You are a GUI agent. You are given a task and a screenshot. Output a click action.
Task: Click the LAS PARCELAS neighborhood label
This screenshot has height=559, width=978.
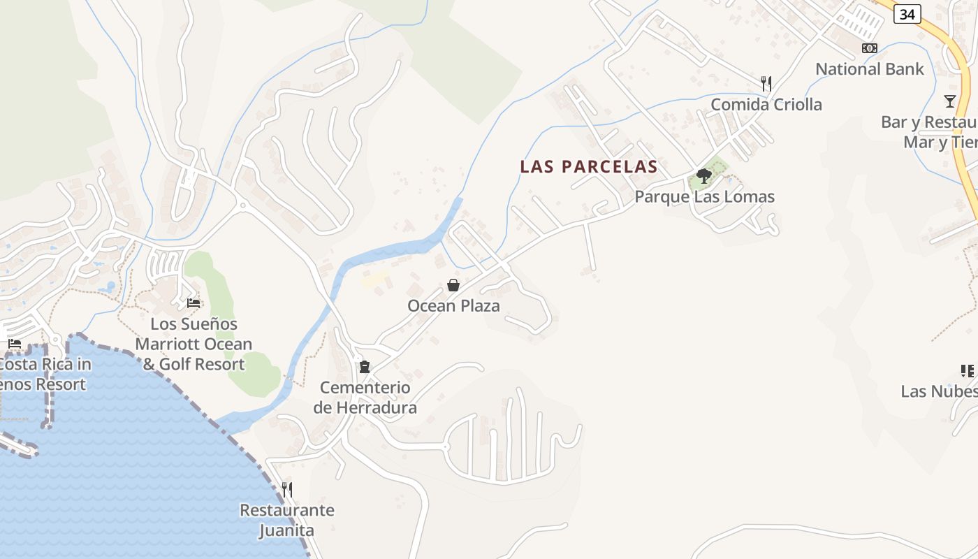[x=589, y=166]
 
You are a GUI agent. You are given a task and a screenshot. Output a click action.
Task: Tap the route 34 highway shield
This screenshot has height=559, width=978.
[x=907, y=13]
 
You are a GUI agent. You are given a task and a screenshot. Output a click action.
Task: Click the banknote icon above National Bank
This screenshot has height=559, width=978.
[x=870, y=48]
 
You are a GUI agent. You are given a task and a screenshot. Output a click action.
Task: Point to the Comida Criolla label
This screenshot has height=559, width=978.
[x=766, y=105]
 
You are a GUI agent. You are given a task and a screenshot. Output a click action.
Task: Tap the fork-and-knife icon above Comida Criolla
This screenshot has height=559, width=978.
[x=766, y=84]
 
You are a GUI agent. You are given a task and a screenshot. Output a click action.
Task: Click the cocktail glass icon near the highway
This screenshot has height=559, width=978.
[x=949, y=101]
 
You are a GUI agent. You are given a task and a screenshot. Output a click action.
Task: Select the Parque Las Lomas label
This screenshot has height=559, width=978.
[x=704, y=197]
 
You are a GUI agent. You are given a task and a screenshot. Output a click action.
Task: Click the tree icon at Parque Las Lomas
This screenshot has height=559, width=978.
[x=704, y=176]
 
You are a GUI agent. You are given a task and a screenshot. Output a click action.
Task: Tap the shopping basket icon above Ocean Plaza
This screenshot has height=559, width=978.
[x=453, y=285]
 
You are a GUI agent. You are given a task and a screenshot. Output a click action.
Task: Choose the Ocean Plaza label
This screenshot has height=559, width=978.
[x=453, y=306]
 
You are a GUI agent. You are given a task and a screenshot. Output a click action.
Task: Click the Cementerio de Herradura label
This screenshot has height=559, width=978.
[x=365, y=398]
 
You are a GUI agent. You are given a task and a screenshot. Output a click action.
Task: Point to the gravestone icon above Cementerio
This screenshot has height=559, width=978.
[x=364, y=367]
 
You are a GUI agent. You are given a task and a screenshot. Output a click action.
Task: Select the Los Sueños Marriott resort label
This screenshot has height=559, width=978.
[x=194, y=344]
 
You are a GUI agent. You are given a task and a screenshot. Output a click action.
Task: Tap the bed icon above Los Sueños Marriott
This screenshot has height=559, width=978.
[x=194, y=303]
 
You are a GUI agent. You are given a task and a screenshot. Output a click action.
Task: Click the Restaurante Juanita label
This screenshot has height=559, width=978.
[x=287, y=520]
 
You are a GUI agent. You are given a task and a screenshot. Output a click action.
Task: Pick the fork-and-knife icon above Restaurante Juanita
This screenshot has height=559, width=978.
[x=287, y=489]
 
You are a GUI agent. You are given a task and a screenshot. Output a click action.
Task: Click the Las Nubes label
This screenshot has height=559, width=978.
[x=939, y=391]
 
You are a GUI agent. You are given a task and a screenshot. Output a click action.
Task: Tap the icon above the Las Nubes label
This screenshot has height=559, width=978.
[x=968, y=370]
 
